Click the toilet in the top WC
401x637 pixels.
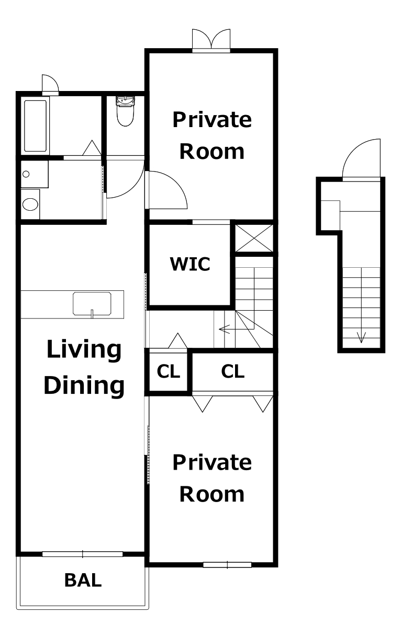[125, 111]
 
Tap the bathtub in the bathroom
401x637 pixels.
[35, 126]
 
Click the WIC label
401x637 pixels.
[190, 264]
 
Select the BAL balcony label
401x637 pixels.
[83, 581]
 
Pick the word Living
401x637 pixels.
[84, 350]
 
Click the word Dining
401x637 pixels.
[84, 385]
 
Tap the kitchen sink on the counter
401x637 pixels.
[92, 304]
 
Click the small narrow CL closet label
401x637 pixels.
[168, 371]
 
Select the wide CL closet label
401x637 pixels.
[233, 371]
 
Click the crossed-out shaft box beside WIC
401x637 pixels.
[254, 238]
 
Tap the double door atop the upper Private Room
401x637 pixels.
[211, 40]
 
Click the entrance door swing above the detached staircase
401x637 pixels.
[361, 159]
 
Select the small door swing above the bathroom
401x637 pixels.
[50, 84]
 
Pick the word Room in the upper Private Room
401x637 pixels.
[212, 152]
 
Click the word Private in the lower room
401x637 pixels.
[212, 462]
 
